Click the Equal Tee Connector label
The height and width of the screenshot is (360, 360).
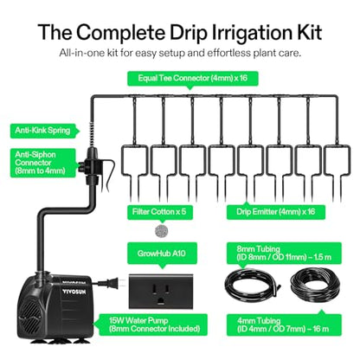point(193,78)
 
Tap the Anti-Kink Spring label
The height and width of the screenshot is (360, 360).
point(42,131)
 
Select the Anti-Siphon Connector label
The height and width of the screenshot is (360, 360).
point(42,163)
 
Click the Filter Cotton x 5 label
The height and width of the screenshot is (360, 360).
point(159,212)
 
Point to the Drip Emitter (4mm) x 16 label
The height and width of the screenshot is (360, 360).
point(276,212)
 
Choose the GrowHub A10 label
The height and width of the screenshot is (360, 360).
point(162,254)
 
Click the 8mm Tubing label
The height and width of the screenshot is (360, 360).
point(284,253)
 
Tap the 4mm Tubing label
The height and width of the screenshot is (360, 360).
point(284,325)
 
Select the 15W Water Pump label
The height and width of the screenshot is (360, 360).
point(154,325)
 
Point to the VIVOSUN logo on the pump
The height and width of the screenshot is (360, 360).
point(74,292)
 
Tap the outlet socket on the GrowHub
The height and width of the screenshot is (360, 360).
point(161,293)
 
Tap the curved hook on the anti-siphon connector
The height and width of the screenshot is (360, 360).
point(109,175)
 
